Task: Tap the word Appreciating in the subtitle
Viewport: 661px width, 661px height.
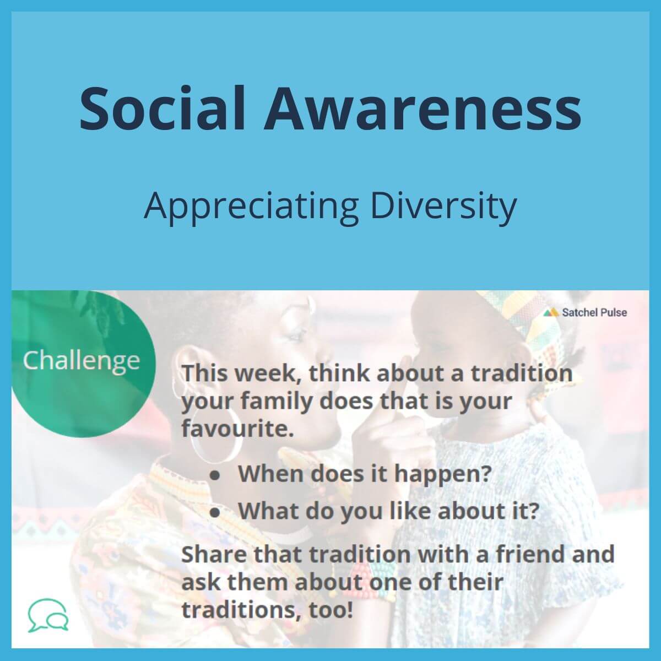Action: pyautogui.click(x=251, y=207)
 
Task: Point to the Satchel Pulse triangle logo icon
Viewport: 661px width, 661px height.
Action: pyautogui.click(x=551, y=312)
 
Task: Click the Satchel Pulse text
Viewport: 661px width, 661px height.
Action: pyautogui.click(x=594, y=312)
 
